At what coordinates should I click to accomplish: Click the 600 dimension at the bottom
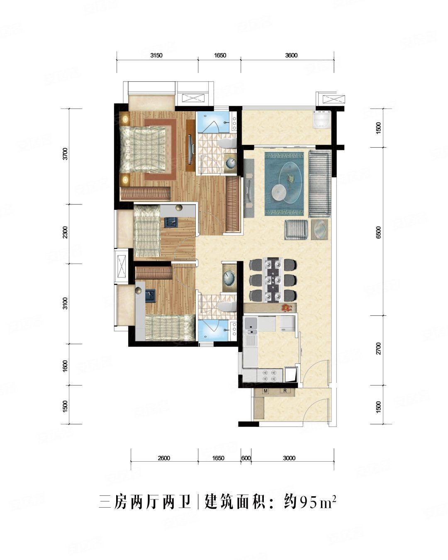[x=246, y=458]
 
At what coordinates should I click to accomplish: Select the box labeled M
[x=265, y=391]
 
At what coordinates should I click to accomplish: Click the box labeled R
[x=285, y=391]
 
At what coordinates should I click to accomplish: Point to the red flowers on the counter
[x=286, y=307]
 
